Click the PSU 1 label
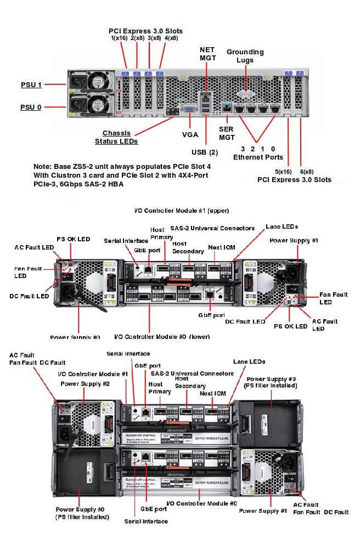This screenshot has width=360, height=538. pyautogui.click(x=31, y=84)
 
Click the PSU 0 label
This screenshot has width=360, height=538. pyautogui.click(x=31, y=107)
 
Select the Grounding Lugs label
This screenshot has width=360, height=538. pyautogui.click(x=245, y=55)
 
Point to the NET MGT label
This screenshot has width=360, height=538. pyautogui.click(x=207, y=53)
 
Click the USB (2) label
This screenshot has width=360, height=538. pyautogui.click(x=205, y=151)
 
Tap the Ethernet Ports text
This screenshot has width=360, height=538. pyautogui.click(x=258, y=157)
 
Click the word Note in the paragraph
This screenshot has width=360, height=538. pyautogui.click(x=42, y=166)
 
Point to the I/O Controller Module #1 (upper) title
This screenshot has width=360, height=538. pyautogui.click(x=182, y=210)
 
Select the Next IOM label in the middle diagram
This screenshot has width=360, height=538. pyautogui.click(x=221, y=247)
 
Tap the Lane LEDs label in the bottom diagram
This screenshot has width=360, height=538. pyautogui.click(x=249, y=362)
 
